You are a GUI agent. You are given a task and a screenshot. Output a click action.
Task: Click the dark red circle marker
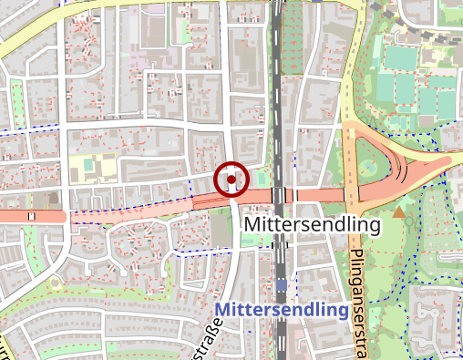tap(231, 180)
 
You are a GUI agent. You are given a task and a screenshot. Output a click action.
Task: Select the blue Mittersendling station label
tap(283, 311)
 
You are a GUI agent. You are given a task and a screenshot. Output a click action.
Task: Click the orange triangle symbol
tap(399, 213)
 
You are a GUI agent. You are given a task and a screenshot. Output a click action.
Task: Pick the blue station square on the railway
tap(282, 286)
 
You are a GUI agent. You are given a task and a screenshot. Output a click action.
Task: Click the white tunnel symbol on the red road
tap(33, 216)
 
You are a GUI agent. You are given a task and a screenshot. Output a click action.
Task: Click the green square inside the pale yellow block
tap(87, 167)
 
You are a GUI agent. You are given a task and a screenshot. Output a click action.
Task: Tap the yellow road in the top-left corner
tap(36, 36)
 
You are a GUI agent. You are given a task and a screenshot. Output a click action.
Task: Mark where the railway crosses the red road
tap(279, 197)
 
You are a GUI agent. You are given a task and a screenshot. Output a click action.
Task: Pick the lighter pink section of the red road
tap(137, 209)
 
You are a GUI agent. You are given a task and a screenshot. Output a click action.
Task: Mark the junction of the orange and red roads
tap(352, 195)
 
